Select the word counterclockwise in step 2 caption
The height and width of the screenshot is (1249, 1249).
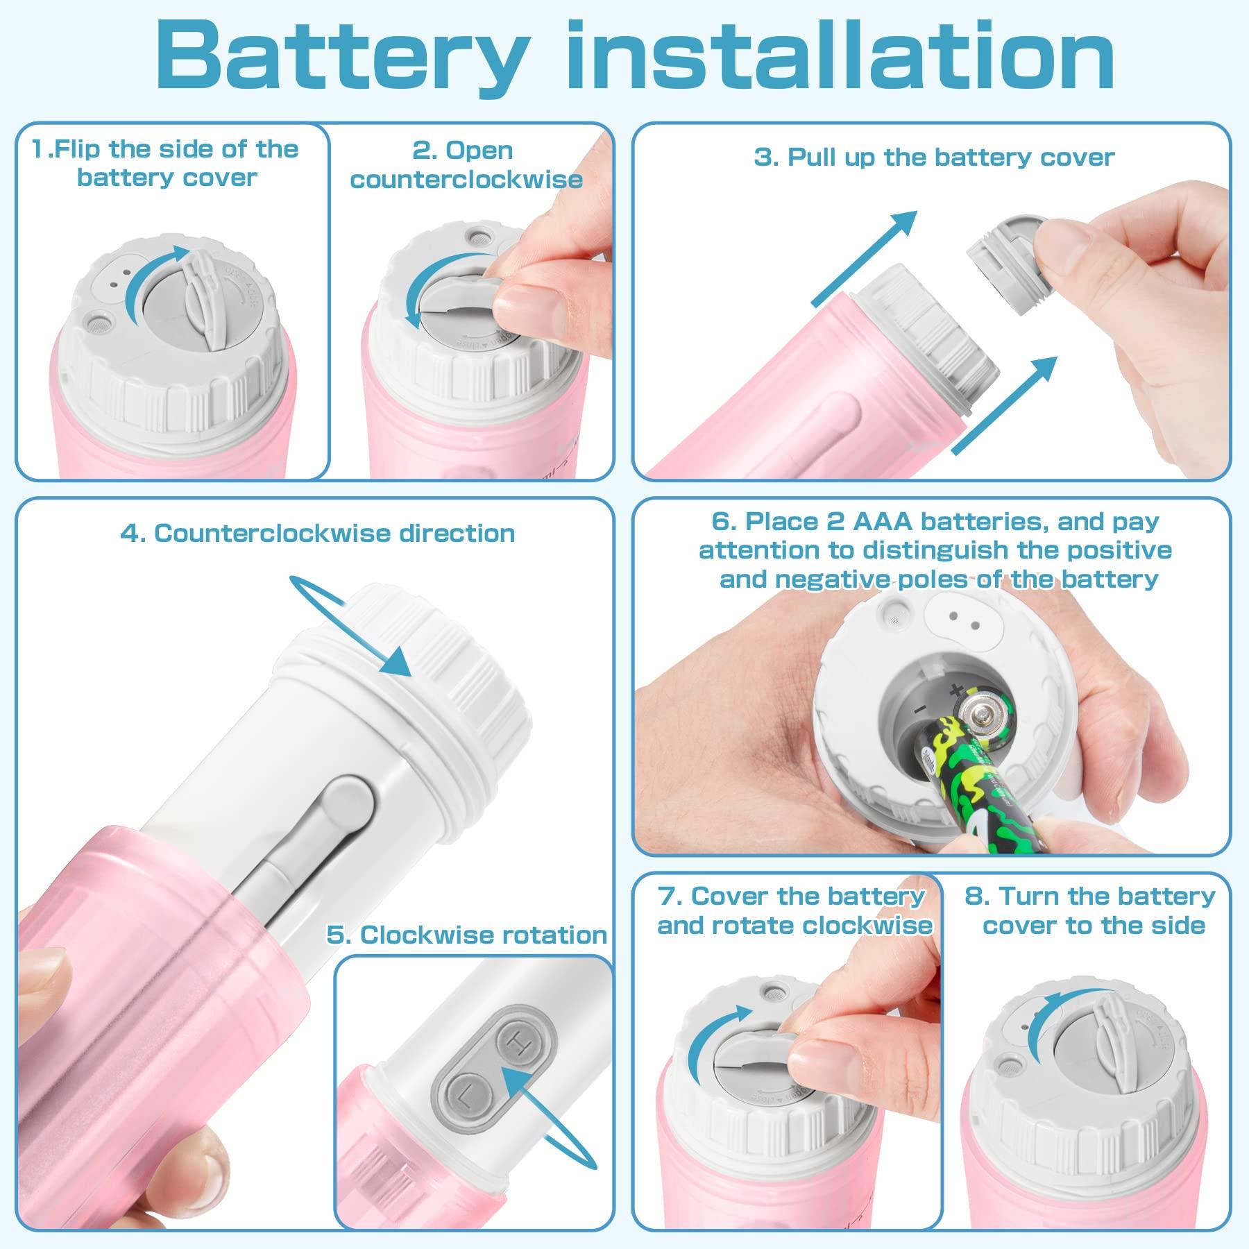[466, 180]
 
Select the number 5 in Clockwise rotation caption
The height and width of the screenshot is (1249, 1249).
[336, 935]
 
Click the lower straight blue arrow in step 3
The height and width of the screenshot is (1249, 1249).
[1006, 405]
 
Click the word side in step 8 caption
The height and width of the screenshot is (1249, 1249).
[1180, 926]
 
